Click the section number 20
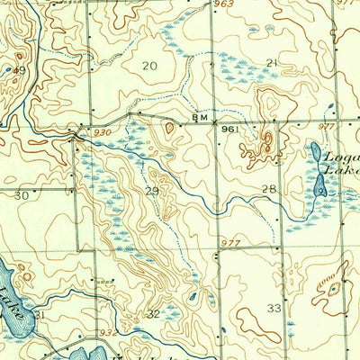tap(149, 66)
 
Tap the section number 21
tap(271, 62)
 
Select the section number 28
tap(268, 188)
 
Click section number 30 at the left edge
tap(22, 195)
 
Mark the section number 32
tap(154, 314)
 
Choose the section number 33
tap(274, 308)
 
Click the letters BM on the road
tap(200, 118)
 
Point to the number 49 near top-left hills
tap(18, 69)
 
